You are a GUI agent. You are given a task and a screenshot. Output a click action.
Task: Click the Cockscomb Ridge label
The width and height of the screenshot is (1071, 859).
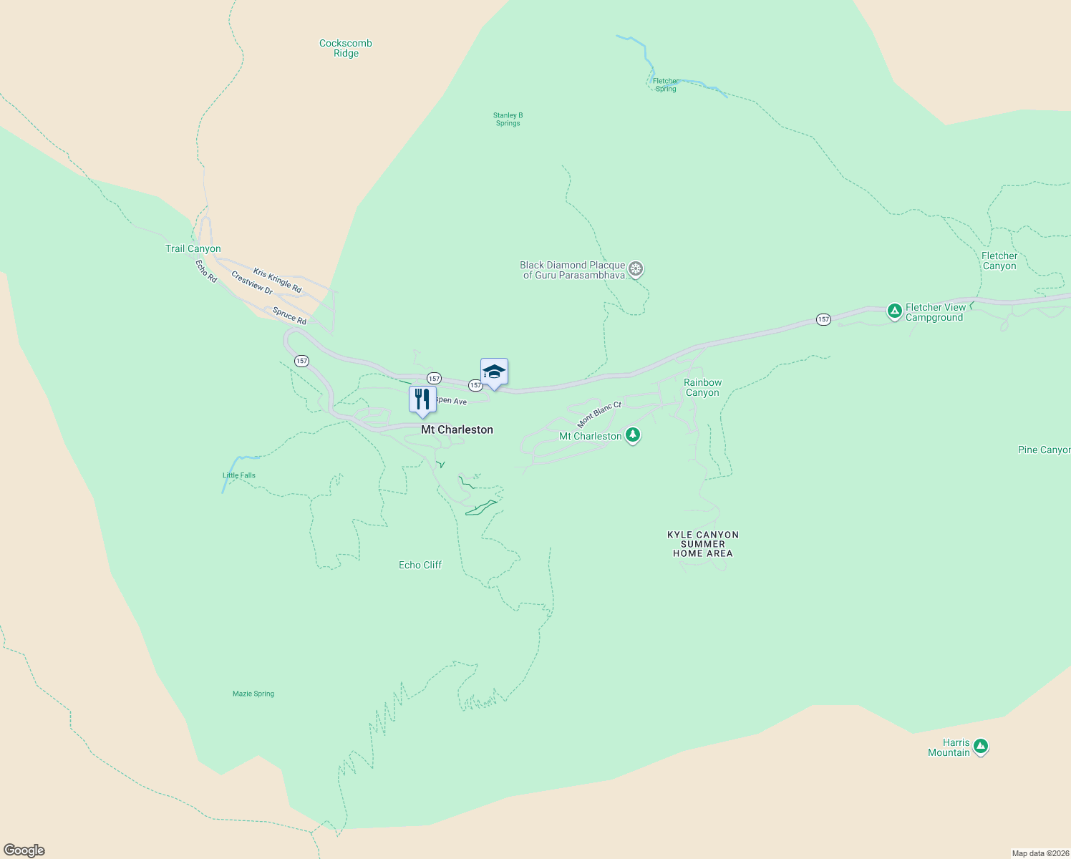tap(346, 48)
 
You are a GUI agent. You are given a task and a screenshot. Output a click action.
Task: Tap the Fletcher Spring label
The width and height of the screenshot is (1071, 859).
tap(666, 85)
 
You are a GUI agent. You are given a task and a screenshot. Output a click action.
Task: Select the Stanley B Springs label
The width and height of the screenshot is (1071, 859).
tap(508, 119)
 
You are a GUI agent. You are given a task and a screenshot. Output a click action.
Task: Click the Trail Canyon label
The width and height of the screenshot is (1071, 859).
tap(193, 248)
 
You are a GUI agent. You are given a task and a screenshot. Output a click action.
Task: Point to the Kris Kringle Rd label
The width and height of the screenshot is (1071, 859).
tap(278, 281)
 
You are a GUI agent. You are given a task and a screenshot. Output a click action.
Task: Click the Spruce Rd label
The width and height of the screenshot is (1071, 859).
tap(289, 316)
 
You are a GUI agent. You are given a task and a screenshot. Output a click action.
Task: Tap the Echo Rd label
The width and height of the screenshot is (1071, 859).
tap(206, 271)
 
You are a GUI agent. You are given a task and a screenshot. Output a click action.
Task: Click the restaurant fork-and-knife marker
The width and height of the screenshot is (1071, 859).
tap(422, 399)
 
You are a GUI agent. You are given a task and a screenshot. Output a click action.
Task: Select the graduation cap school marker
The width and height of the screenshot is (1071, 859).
tap(494, 372)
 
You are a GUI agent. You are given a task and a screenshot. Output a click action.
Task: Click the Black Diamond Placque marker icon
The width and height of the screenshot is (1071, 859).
tap(636, 269)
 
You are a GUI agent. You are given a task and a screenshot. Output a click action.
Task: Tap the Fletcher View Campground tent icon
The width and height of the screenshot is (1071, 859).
tap(894, 311)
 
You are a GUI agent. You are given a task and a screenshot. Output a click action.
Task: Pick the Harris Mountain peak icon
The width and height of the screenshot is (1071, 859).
tap(981, 747)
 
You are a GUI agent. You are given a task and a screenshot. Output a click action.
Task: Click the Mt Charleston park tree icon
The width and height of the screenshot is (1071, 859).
tap(632, 435)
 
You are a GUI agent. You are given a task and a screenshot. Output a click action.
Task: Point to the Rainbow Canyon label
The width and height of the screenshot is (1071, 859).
tap(702, 387)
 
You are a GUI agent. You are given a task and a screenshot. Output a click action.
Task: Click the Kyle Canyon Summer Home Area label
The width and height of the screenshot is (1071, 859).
tap(703, 544)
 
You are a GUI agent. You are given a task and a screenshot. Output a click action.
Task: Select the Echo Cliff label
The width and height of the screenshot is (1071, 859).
tap(420, 565)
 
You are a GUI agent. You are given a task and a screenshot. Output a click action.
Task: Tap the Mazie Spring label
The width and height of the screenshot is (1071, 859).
tap(253, 694)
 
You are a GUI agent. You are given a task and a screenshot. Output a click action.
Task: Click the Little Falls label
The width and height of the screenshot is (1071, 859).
tap(239, 475)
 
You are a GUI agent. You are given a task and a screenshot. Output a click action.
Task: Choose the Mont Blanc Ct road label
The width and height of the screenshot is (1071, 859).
tap(599, 414)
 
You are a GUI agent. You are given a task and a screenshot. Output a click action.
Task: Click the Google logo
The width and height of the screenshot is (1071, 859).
tap(24, 850)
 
